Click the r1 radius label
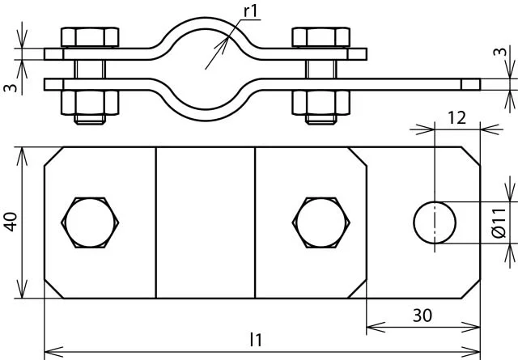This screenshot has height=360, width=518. (250, 11)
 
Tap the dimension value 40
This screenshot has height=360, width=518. (11, 222)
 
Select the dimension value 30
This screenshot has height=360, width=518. (422, 316)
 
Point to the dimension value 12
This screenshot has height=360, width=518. (456, 118)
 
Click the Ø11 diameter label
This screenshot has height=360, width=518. (499, 223)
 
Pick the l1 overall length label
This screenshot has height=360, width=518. (256, 340)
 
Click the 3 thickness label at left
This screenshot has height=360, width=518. (10, 87)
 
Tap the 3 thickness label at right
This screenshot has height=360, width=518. (501, 52)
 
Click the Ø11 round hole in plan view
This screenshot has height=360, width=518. (435, 222)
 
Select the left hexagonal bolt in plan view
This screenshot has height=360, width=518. (90, 222)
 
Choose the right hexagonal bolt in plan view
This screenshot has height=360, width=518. (321, 222)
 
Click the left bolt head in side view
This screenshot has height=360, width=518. (90, 37)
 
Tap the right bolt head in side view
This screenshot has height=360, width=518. (321, 37)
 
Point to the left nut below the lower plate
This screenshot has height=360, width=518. (90, 103)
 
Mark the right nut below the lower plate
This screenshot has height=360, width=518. (321, 103)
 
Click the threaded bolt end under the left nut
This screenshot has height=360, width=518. (90, 119)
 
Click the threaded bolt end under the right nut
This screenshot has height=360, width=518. (321, 119)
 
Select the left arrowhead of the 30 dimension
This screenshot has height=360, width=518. (376, 327)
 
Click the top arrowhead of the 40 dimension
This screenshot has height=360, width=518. (22, 156)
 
